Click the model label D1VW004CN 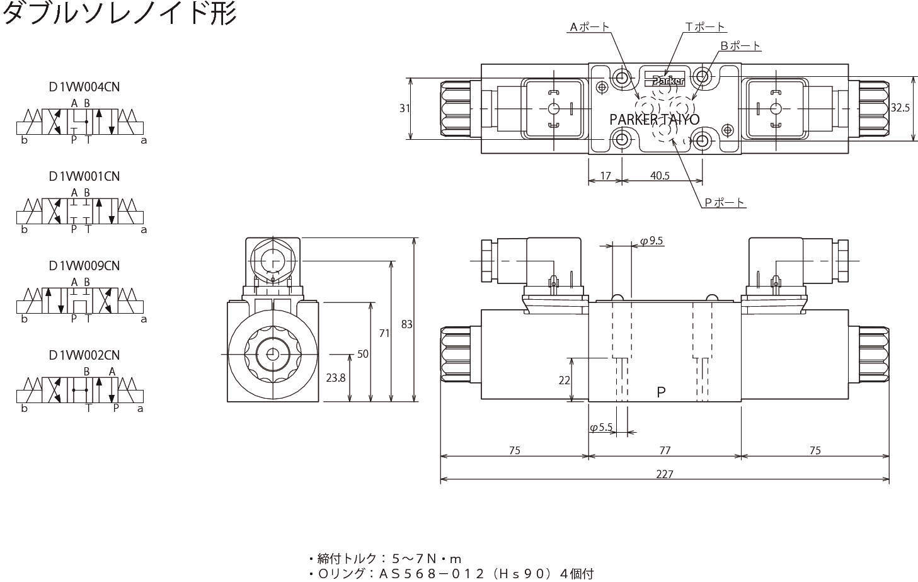point(84,87)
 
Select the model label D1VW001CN point(84,176)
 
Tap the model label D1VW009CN point(84,266)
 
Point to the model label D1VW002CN point(84,355)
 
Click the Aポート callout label point(589,26)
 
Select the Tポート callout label point(705,26)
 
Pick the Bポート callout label point(740,45)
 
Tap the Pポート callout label point(725,203)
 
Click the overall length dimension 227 point(664,474)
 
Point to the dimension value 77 point(664,450)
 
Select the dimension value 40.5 point(660,176)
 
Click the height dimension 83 point(406,324)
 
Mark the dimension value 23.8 point(335,378)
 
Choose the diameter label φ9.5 point(651,241)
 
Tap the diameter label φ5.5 point(601,428)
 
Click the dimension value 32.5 point(900,108)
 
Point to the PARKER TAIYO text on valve point(654,119)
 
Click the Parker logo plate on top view point(664,78)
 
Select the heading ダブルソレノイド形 point(119,13)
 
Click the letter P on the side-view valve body point(661,392)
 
